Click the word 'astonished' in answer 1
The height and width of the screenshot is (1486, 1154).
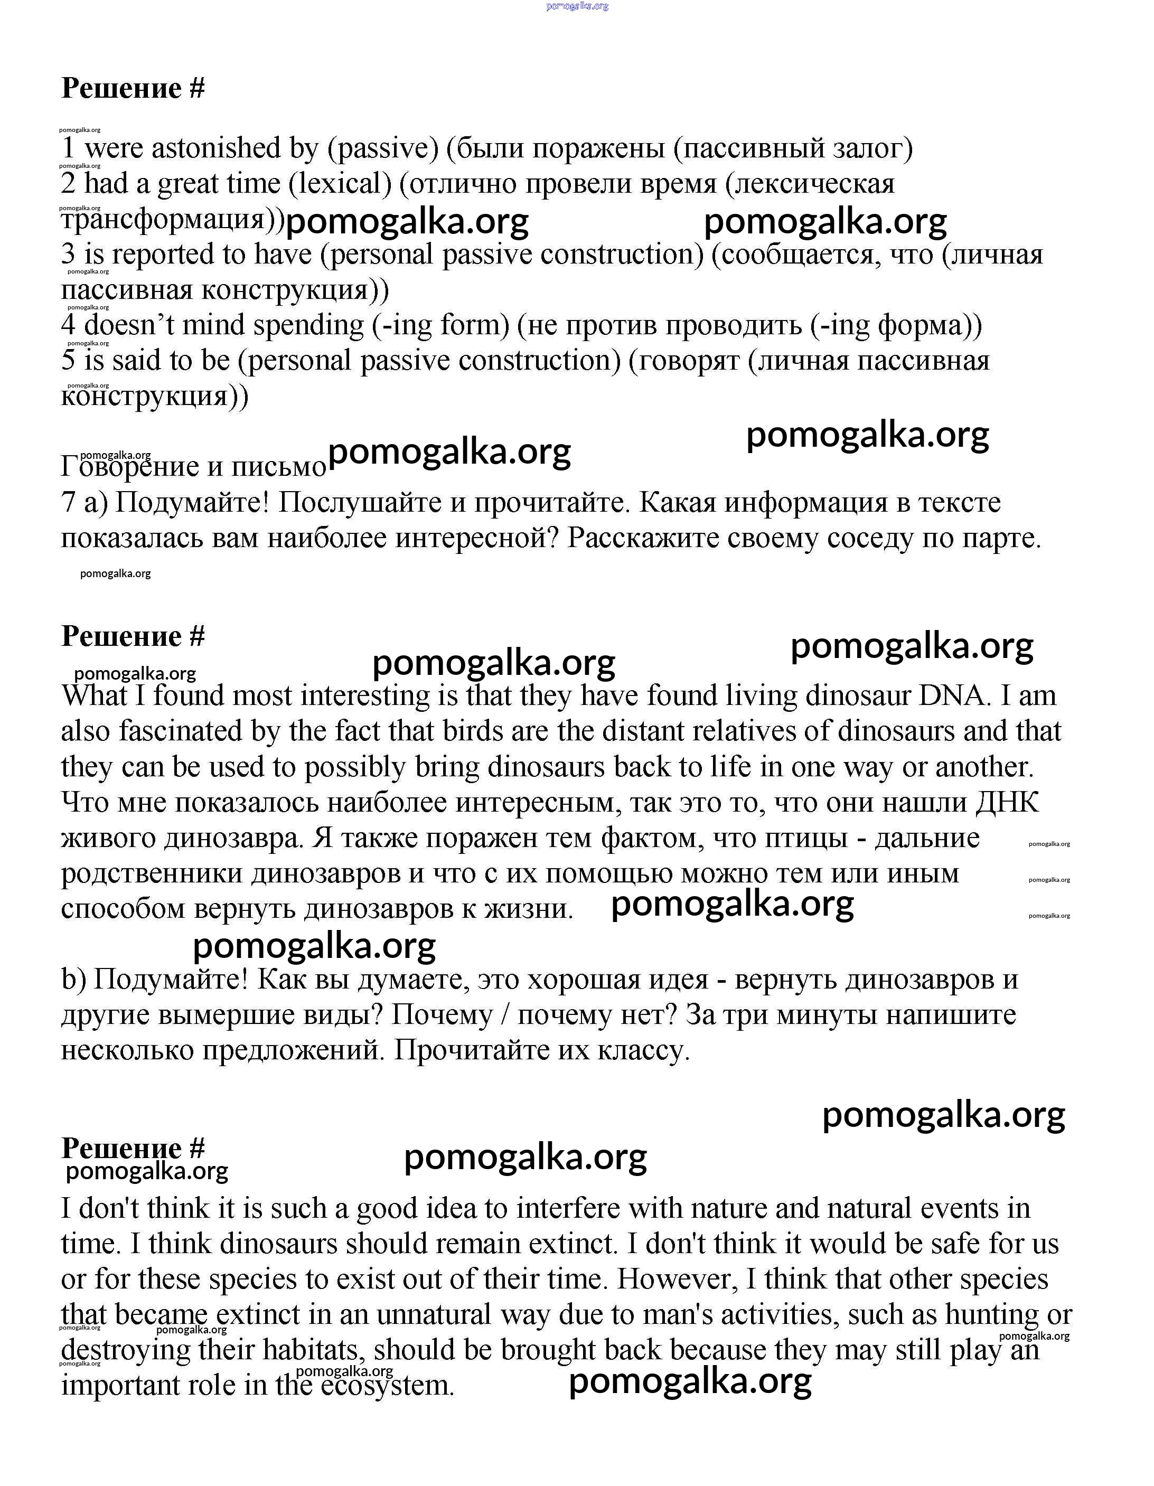[x=217, y=148]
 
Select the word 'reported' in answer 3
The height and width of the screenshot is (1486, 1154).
[x=167, y=255]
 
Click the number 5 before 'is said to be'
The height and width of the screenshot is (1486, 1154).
[x=68, y=361]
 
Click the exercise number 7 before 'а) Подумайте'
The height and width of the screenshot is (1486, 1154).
[x=68, y=502]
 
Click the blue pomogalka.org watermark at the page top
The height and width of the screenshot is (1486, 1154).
[x=577, y=6]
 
